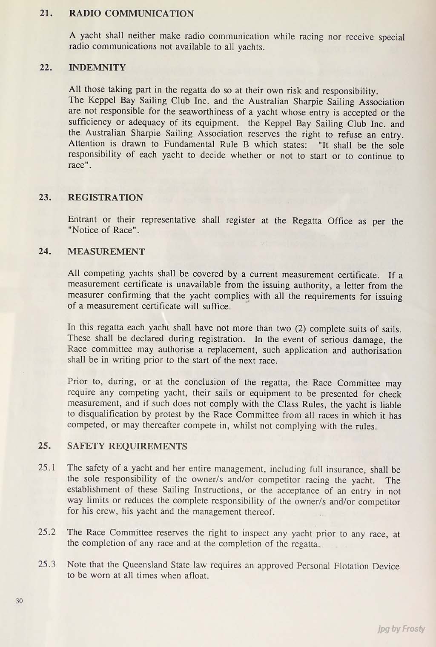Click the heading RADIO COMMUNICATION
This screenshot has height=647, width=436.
131,14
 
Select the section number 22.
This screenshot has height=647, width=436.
46,67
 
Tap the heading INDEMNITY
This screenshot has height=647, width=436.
98,67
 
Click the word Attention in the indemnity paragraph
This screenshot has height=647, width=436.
87,144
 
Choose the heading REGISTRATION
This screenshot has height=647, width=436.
105,198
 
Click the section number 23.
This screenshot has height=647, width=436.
45,198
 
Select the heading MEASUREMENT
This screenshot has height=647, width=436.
106,252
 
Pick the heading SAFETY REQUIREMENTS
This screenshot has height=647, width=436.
127,447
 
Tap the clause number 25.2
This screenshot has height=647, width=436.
47,532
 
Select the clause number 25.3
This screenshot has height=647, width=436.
47,564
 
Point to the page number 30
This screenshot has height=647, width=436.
19,601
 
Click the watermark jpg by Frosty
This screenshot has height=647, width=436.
401,629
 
